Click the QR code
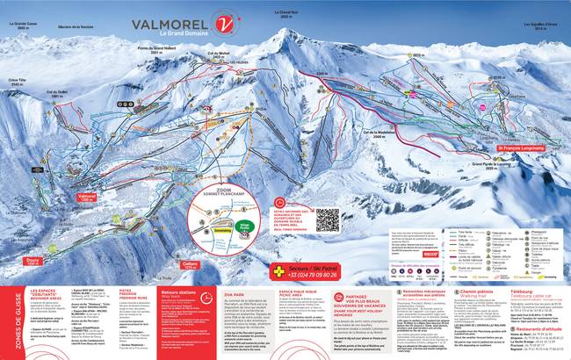point(327,195)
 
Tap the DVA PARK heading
point(234,270)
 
